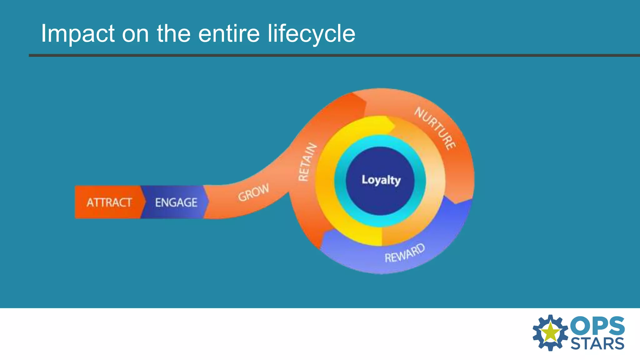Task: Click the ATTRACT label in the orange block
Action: point(109,202)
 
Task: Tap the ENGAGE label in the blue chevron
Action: point(176,202)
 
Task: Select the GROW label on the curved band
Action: point(253,192)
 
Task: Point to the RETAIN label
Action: point(307,162)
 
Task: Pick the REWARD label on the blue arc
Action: point(405,253)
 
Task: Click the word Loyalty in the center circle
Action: point(381,180)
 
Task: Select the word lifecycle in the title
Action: point(311,34)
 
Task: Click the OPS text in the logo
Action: point(597,326)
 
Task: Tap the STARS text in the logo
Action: point(597,344)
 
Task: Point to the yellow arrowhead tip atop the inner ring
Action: point(394,126)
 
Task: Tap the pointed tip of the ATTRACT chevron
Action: point(145,202)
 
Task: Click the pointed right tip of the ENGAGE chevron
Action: point(208,202)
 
